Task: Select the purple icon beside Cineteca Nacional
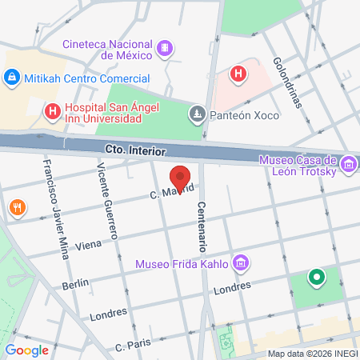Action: click(x=164, y=47)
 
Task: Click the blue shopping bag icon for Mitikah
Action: click(x=12, y=78)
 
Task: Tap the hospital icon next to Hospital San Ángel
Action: click(x=52, y=112)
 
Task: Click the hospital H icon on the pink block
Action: click(x=238, y=74)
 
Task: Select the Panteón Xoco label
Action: click(x=245, y=115)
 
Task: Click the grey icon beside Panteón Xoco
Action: click(x=196, y=115)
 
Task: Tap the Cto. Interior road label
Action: click(x=135, y=150)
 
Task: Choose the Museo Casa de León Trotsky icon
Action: click(x=348, y=165)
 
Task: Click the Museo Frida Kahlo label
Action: click(x=182, y=263)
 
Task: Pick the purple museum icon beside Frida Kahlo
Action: click(x=239, y=263)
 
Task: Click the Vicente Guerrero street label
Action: click(x=107, y=200)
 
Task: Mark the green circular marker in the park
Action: click(x=316, y=278)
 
